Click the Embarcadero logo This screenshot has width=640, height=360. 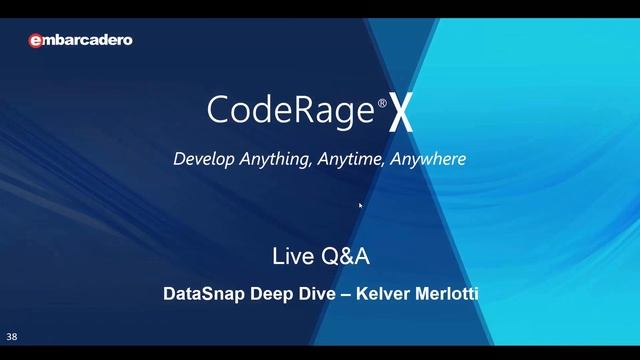(x=80, y=41)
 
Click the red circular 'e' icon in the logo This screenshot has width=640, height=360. (x=35, y=41)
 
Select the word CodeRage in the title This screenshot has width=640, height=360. (x=291, y=110)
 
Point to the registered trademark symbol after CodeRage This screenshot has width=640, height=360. (x=382, y=102)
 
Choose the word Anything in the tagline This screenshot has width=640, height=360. (x=276, y=159)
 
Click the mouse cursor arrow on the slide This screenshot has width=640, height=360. (x=361, y=206)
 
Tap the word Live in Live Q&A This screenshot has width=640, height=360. (x=291, y=256)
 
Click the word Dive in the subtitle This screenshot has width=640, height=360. (x=314, y=295)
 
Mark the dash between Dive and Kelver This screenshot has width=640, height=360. (x=344, y=295)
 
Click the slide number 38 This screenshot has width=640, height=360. (x=12, y=337)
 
